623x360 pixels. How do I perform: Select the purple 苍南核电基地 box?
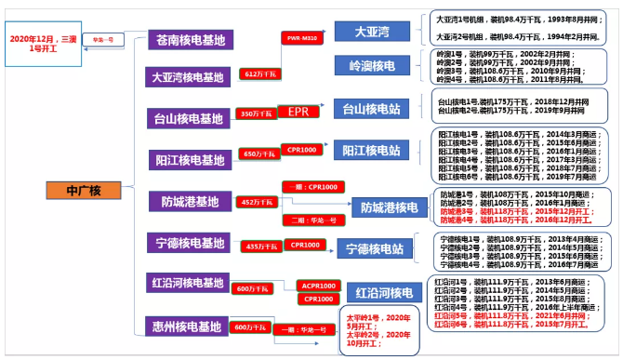191,40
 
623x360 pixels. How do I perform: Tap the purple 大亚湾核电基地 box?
190,77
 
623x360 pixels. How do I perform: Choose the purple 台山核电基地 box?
189,118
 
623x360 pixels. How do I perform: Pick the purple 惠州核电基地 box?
189,327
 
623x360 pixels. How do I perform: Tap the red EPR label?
297,112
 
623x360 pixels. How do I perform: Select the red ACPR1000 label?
317,285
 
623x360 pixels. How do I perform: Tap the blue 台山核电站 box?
375,109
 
